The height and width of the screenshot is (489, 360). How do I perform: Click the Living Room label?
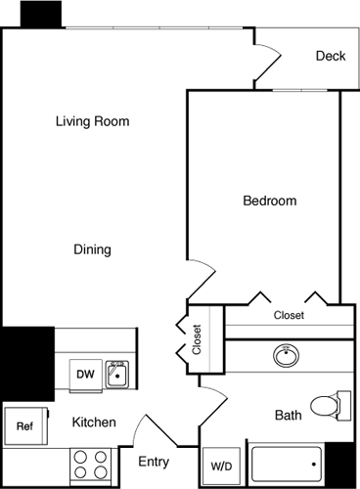tap(92, 122)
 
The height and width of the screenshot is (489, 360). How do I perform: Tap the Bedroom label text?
tap(269, 200)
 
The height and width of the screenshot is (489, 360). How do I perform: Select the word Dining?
tap(92, 249)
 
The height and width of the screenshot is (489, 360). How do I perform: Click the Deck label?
tap(330, 57)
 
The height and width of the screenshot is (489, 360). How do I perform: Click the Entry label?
tap(154, 462)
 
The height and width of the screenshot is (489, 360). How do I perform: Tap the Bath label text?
tap(288, 416)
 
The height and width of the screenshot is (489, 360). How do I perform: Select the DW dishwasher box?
tap(84, 375)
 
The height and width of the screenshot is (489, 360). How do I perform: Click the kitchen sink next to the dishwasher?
tap(117, 373)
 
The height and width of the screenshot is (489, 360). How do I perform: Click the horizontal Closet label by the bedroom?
tap(289, 316)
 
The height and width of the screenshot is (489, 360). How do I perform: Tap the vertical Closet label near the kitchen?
tap(197, 339)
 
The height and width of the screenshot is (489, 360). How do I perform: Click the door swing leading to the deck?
tap(265, 61)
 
